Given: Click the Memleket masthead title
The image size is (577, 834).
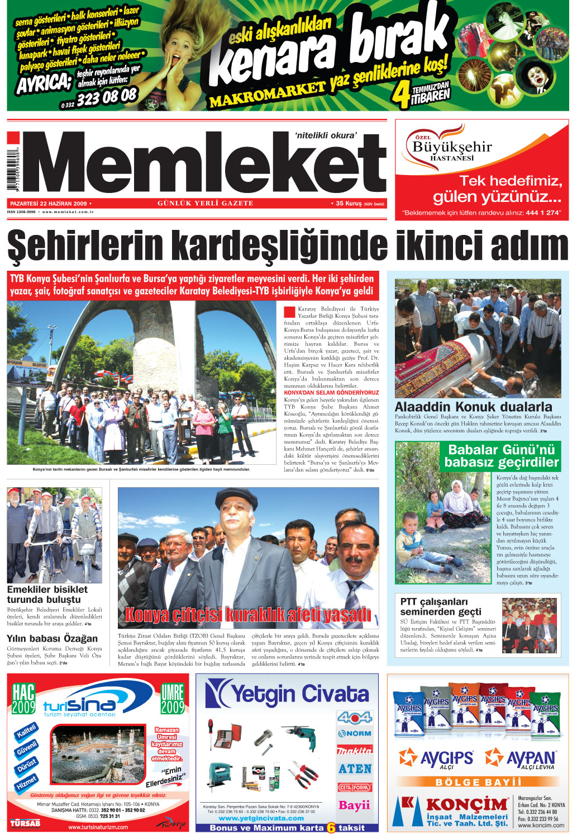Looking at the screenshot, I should click(204, 163).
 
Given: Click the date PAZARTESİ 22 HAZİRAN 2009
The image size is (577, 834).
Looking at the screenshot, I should click(49, 204).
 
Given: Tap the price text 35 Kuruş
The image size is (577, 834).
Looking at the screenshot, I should click(349, 204).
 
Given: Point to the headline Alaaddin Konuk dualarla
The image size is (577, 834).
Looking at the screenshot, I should click(473, 407).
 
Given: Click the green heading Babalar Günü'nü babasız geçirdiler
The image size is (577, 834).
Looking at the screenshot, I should click(502, 456).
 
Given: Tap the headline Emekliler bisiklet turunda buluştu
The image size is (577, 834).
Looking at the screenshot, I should click(47, 594).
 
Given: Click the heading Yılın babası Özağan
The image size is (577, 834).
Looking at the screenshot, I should click(52, 638).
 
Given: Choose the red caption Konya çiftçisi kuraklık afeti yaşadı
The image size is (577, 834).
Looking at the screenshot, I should click(248, 615).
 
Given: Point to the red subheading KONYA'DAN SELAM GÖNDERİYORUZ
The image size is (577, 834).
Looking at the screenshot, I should click(331, 393).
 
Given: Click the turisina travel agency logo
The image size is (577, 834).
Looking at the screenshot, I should click(79, 706).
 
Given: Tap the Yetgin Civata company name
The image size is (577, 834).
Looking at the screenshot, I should click(288, 694).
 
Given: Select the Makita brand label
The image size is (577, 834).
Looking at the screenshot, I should click(354, 751).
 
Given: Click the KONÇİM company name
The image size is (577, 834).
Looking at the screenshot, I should click(466, 804).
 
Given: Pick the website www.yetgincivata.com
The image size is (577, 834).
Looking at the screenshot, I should click(261, 818).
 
